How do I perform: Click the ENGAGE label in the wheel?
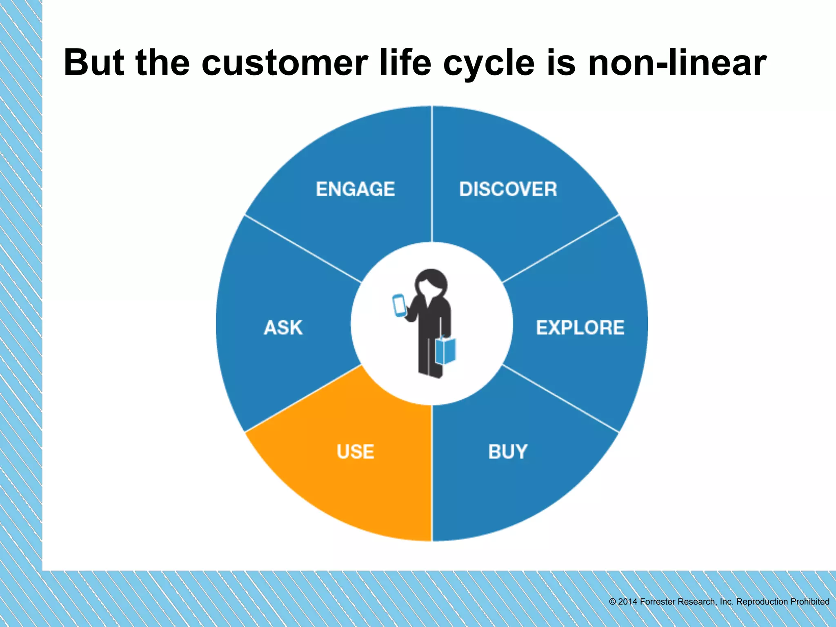355,189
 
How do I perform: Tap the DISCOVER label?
508,189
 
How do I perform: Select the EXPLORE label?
580,327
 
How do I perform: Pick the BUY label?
508,451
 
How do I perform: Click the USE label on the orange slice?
355,451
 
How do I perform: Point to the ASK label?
283,327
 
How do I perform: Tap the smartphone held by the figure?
399,305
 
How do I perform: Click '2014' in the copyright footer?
627,602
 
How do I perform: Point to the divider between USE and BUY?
432,474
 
